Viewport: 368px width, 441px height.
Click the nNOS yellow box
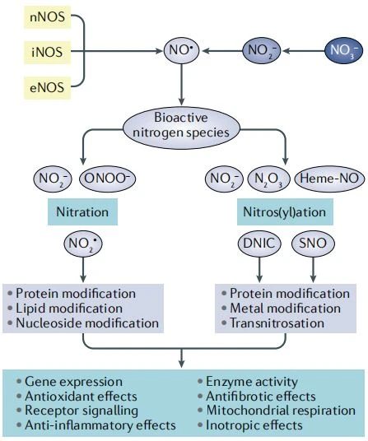point(47,17)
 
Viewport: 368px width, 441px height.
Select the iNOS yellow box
point(47,52)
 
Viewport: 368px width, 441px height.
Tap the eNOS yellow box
point(47,87)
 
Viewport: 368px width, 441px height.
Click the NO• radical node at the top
point(181,51)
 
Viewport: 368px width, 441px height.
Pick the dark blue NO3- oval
point(343,51)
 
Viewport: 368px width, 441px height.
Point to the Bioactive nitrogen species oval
point(181,128)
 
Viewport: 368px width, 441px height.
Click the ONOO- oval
point(108,179)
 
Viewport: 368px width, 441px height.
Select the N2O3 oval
point(268,179)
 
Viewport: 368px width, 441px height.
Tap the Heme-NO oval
point(329,179)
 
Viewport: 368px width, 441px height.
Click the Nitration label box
point(82,211)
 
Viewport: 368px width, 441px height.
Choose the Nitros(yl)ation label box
point(285,211)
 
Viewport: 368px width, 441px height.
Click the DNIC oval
point(259,244)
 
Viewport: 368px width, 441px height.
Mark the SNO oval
point(313,244)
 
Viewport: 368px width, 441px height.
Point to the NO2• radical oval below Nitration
point(83,244)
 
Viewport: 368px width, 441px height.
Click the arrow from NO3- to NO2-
point(304,51)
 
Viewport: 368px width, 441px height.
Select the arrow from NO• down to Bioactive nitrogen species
point(181,85)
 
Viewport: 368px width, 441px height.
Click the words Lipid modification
point(69,309)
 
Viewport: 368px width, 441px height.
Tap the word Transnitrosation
point(277,323)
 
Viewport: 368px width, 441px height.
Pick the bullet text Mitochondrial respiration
point(281,411)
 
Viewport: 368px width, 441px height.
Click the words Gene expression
point(74,382)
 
